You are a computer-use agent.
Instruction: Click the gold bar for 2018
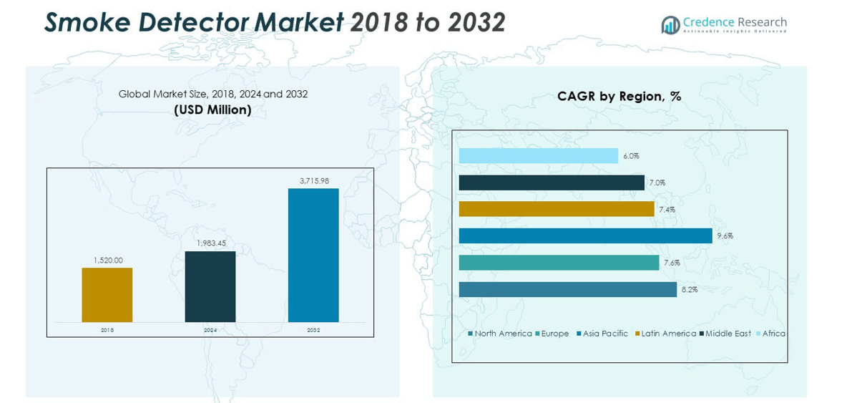click(107, 294)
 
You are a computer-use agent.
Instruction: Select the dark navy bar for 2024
click(210, 286)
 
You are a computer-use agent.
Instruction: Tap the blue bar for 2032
click(313, 255)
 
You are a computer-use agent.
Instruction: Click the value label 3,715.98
click(313, 181)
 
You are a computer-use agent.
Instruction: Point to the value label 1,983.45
click(210, 243)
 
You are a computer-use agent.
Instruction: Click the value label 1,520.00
click(107, 261)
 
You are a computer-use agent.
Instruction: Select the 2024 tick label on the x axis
click(210, 330)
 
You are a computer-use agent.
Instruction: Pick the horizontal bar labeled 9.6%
click(585, 236)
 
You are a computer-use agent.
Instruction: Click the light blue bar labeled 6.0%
click(538, 155)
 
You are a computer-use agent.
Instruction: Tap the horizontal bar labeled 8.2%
click(567, 289)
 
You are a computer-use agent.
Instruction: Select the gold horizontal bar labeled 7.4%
click(557, 209)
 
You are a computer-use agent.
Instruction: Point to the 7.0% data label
click(657, 183)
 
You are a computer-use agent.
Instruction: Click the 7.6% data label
click(672, 263)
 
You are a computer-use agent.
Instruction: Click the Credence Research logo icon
click(670, 25)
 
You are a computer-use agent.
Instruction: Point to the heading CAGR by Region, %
click(619, 97)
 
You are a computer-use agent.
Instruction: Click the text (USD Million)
click(212, 110)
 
